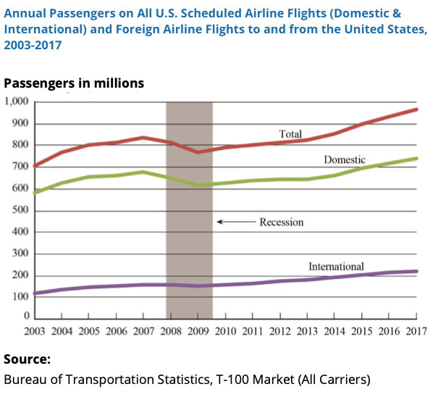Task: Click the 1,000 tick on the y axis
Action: click(17, 102)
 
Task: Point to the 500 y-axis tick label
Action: click(21, 211)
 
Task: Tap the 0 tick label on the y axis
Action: click(28, 317)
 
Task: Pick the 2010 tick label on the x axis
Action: click(225, 332)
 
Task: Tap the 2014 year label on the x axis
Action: click(334, 332)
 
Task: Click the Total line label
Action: click(290, 133)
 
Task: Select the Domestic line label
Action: click(345, 159)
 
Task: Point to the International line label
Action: click(337, 267)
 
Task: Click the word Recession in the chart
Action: click(282, 222)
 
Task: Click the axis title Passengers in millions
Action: click(74, 83)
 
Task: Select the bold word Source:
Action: click(27, 359)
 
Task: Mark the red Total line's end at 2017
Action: click(416, 109)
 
